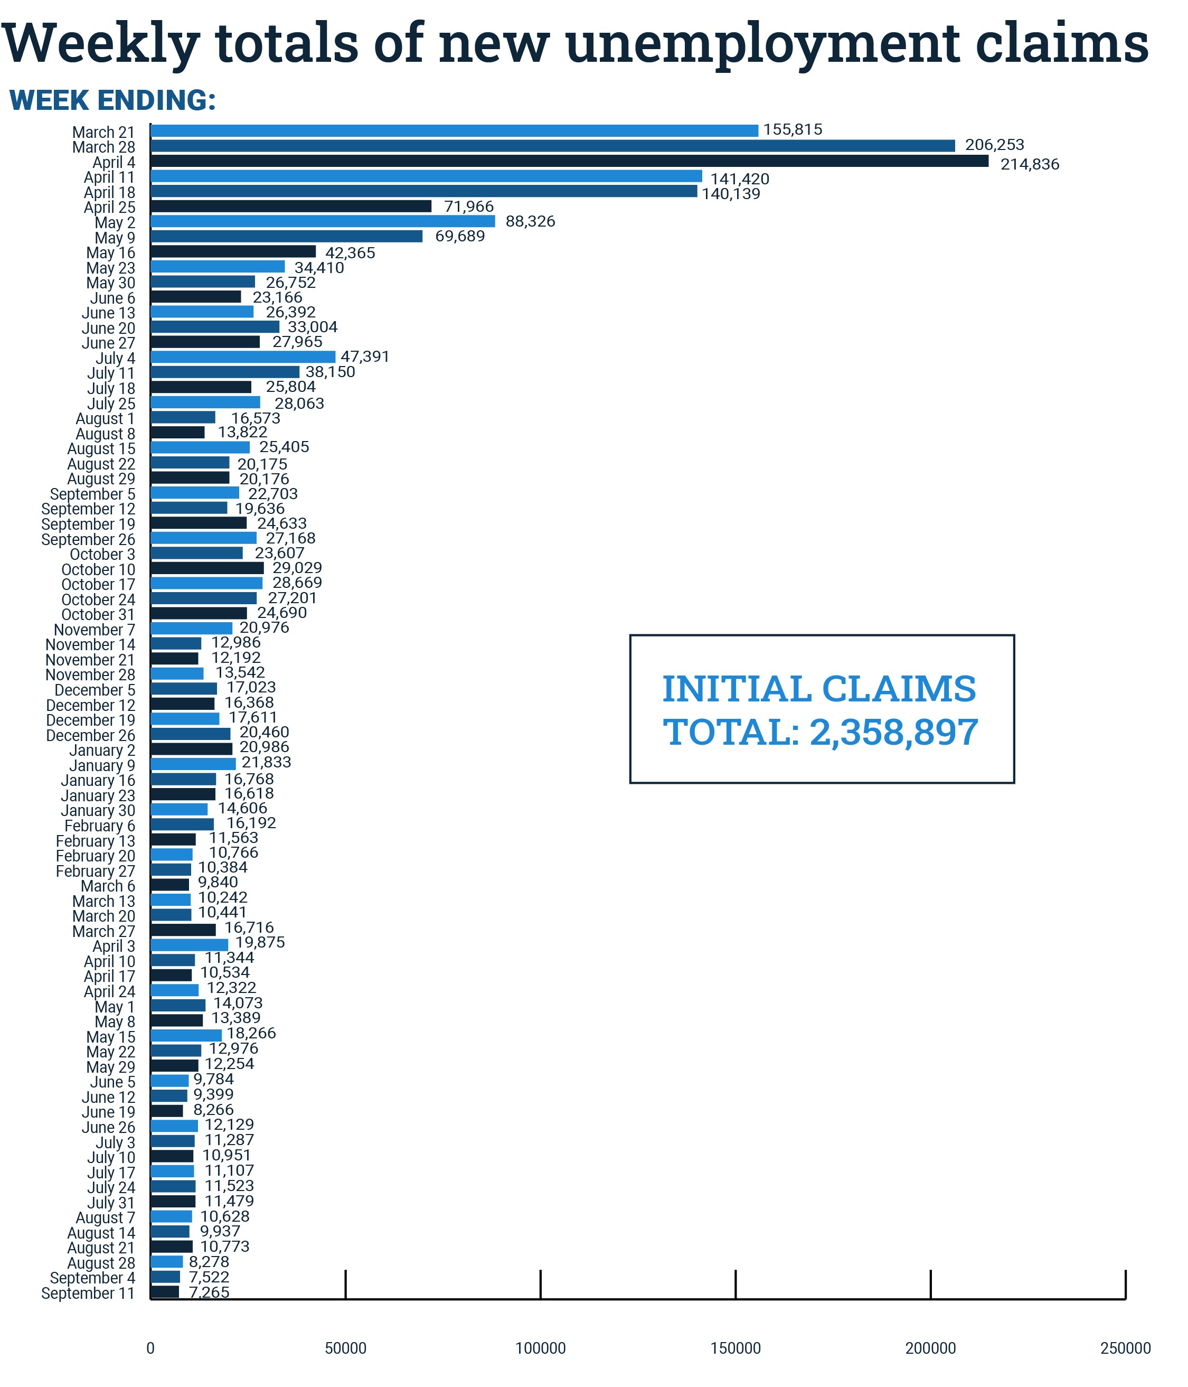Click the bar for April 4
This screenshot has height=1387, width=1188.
coord(569,161)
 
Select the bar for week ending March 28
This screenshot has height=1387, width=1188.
coord(552,146)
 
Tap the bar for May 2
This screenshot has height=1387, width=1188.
coord(323,221)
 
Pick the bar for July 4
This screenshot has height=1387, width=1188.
coord(242,357)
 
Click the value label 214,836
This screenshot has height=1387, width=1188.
coord(1030,164)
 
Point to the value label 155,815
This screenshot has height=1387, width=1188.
coord(793,129)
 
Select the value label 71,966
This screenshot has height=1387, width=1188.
coord(468,206)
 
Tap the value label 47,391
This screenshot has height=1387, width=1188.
coord(365,356)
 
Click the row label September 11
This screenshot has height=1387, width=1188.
coord(88,1292)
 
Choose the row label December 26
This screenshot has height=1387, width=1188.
coord(90,735)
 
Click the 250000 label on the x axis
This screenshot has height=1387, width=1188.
coord(1125,1348)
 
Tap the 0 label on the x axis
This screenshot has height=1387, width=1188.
coord(150,1348)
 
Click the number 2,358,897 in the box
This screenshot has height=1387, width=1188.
coord(893,732)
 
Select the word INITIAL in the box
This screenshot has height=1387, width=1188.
coord(736,689)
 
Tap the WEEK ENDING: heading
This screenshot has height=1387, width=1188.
coord(112,100)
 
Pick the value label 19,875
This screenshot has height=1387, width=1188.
coord(260,942)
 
